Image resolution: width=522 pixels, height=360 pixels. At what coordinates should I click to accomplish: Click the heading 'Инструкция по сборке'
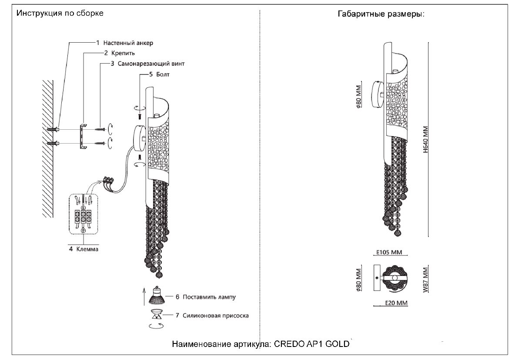tap(60, 13)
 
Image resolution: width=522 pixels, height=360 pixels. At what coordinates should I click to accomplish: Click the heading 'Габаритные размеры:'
tap(381, 14)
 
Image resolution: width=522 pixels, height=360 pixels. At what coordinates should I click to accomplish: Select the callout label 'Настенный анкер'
tap(128, 43)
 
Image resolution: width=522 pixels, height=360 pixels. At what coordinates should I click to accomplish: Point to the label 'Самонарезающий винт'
tap(151, 64)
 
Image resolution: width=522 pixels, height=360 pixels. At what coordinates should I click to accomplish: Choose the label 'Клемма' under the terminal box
tap(87, 249)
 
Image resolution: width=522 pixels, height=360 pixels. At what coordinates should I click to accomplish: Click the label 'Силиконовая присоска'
tap(216, 316)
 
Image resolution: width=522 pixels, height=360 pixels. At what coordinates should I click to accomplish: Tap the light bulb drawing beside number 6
tap(157, 296)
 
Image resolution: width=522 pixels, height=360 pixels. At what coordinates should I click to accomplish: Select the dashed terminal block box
tap(84, 213)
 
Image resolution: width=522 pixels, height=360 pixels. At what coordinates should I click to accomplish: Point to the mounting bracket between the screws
tap(82, 136)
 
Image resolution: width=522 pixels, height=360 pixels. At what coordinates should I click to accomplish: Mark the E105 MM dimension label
tap(389, 252)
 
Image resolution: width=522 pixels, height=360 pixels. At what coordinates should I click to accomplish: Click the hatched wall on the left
tap(47, 148)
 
